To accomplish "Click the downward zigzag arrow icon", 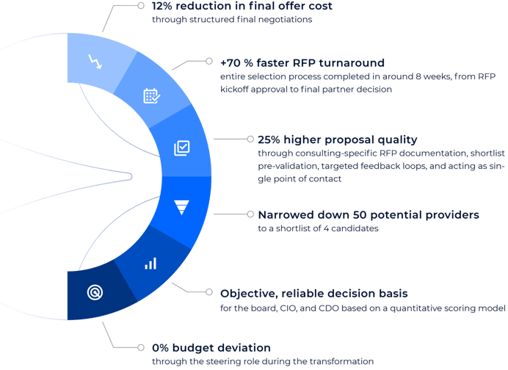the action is pos(95,62).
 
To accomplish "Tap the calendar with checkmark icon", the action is pos(152,96).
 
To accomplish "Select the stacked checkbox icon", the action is pos(182,148).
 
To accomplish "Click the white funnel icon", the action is pos(181,208).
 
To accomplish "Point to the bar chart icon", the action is pos(150,264).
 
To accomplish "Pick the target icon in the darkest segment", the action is pos(95,292).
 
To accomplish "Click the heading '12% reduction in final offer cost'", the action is pos(242,6).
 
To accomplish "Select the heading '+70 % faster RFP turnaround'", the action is pos(302,63).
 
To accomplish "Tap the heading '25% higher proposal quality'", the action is pos(338,139).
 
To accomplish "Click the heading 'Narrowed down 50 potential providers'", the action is pos(369,215).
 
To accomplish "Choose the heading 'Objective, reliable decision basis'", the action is pos(314,294).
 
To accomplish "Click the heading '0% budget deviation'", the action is pos(211,348).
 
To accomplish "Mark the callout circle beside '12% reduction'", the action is pos(141,6).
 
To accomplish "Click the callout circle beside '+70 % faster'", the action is pos(209,61).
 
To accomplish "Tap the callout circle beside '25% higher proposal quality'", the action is pos(250,139).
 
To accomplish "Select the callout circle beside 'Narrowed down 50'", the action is pos(250,214).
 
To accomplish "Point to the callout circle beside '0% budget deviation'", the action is pos(141,347).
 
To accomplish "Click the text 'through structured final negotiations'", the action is pos(232,20).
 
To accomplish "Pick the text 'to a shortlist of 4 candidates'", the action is pos(318,228).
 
